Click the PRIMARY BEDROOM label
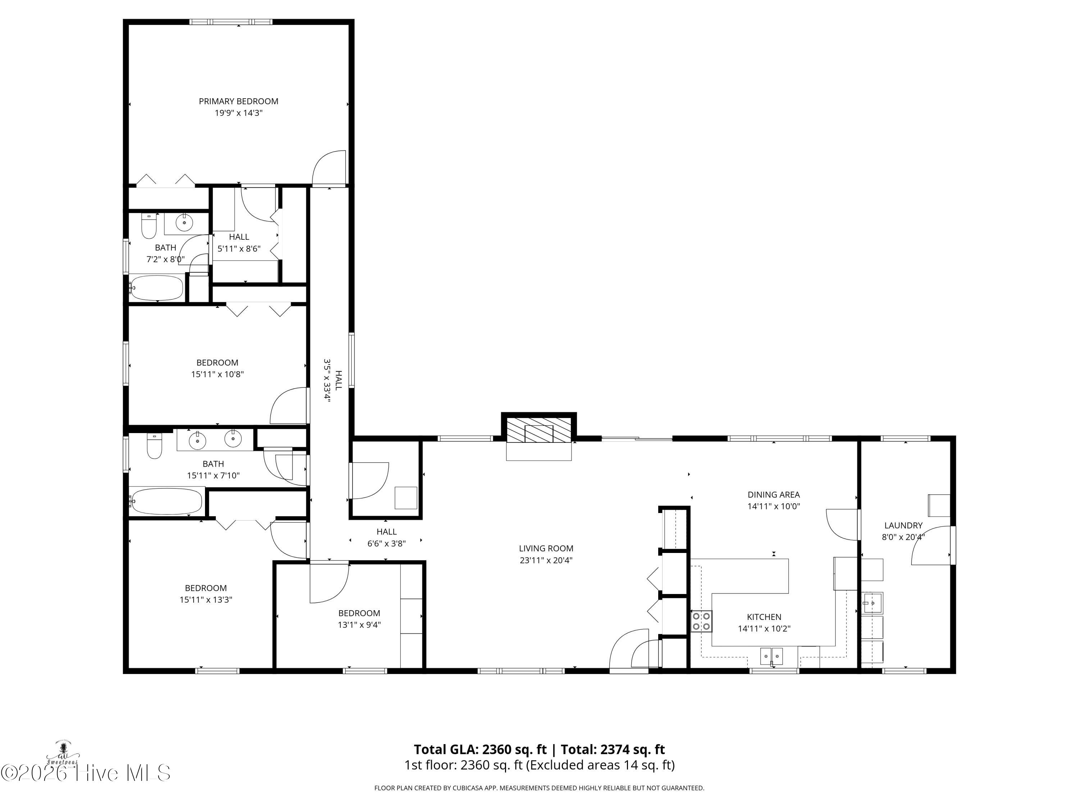[x=238, y=102]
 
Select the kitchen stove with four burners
[x=701, y=621]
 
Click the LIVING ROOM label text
[x=546, y=549]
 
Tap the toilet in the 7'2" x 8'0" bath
[x=149, y=226]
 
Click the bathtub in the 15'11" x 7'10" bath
[x=166, y=501]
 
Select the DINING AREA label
[x=774, y=495]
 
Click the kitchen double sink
[x=772, y=656]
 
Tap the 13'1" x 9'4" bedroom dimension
[x=359, y=625]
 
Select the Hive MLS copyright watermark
[x=86, y=773]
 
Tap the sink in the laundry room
[x=872, y=603]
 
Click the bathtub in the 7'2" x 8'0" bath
[x=156, y=288]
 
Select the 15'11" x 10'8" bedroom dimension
[x=217, y=374]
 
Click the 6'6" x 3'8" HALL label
[x=386, y=537]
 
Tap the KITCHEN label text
[x=764, y=617]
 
